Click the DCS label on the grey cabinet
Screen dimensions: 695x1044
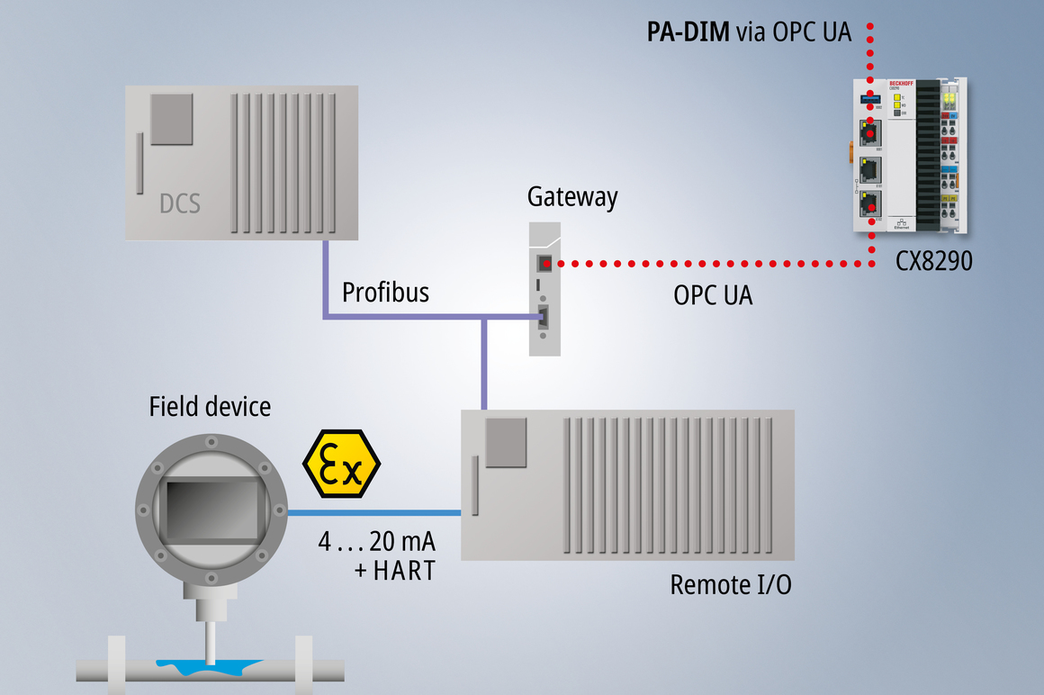click(x=180, y=203)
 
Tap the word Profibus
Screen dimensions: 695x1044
click(x=385, y=293)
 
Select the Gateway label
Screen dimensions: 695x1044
click(x=572, y=197)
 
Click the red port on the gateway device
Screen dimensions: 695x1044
click(x=544, y=264)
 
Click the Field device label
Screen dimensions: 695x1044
click(x=210, y=406)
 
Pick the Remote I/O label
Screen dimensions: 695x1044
click(x=731, y=585)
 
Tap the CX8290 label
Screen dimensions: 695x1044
click(x=933, y=262)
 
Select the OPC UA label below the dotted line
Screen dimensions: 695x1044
click(x=713, y=295)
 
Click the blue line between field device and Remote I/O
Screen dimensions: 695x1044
click(x=373, y=513)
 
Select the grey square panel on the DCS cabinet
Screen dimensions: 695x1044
click(x=171, y=119)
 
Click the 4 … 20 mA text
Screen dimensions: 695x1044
click(x=376, y=542)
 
